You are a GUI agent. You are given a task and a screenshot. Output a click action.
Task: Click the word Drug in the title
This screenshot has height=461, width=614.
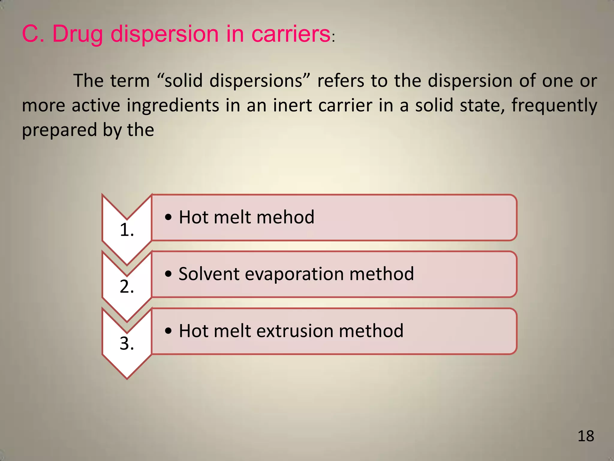tap(77, 34)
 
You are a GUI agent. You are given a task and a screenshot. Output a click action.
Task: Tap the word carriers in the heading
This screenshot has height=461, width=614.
tap(291, 34)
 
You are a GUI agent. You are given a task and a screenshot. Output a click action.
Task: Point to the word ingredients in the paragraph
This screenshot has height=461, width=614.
tap(173, 106)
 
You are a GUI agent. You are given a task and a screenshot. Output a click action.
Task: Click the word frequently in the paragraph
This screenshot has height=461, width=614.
tap(554, 106)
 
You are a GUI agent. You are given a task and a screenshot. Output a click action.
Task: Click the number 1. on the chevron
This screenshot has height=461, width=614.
tap(127, 230)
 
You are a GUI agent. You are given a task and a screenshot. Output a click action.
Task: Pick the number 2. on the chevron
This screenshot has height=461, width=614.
tap(127, 287)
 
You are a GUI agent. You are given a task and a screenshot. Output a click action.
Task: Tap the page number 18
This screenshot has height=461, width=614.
tap(586, 436)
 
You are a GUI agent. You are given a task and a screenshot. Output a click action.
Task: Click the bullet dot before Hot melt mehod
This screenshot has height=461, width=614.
tap(168, 217)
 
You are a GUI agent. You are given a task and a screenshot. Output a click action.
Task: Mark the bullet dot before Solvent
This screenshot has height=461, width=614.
tap(168, 274)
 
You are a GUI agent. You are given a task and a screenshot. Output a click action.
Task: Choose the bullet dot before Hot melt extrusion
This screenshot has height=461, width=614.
tap(168, 331)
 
